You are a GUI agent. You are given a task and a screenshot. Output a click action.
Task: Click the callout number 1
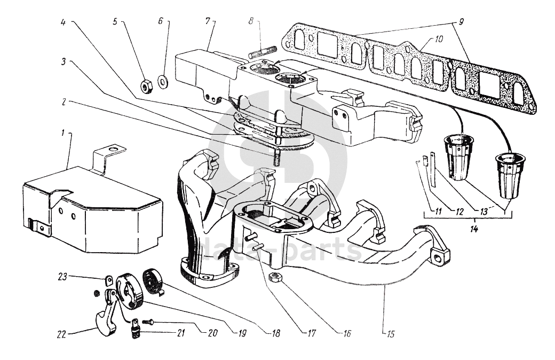click(62, 133)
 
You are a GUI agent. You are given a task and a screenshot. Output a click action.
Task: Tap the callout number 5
click(115, 22)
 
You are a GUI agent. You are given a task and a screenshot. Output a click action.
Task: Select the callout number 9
click(461, 22)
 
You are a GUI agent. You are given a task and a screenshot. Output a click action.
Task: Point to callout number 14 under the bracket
click(474, 229)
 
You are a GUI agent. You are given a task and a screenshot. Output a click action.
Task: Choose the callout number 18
click(276, 333)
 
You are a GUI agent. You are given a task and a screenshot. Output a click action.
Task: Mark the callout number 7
click(208, 21)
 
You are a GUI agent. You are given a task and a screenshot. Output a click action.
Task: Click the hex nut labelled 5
click(146, 86)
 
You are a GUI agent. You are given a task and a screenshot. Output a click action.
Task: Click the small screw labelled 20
click(147, 322)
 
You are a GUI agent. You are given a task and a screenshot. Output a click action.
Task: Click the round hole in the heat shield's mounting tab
click(113, 150)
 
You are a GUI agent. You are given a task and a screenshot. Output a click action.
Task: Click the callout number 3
click(64, 61)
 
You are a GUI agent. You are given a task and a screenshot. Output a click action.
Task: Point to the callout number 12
click(459, 212)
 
